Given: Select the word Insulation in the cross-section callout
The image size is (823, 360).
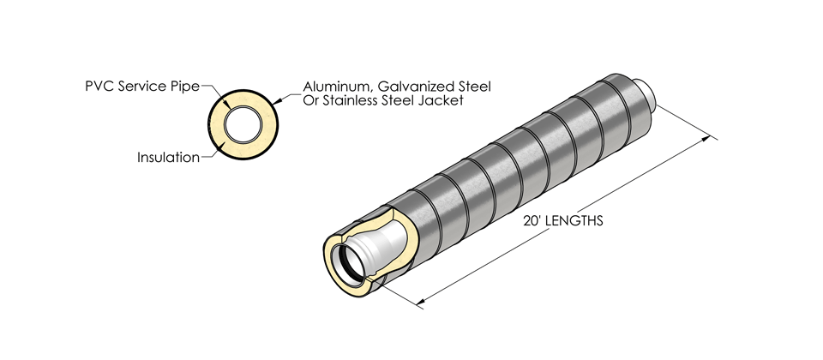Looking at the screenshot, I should [168, 158].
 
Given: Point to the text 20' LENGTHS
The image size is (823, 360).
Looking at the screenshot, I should [562, 220].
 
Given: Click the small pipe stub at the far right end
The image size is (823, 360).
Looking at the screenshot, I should [648, 93].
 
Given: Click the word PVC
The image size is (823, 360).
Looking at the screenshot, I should [99, 87].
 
